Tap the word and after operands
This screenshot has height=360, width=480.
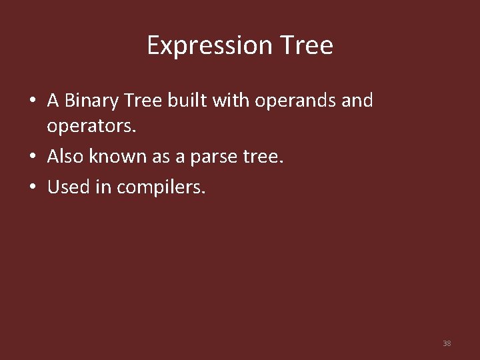(359, 101)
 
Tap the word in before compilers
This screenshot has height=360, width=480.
(103, 187)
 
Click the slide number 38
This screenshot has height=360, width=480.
(447, 343)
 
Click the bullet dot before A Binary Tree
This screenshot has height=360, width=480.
(32, 101)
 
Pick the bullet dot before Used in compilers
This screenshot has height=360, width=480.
(32, 188)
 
